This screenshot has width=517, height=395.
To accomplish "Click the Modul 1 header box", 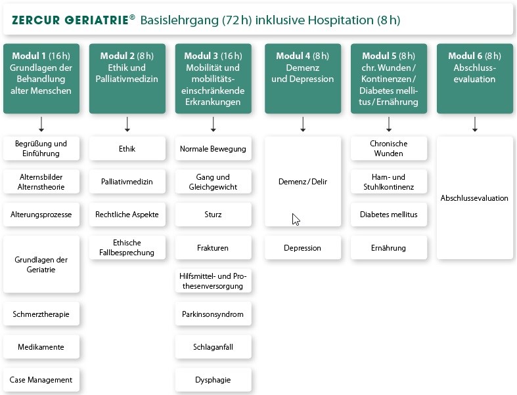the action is (41, 78).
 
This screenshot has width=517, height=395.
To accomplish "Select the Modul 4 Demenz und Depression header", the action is (303, 78).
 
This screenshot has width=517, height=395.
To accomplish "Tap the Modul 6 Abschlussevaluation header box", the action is (475, 78).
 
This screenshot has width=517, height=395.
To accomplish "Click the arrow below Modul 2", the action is (127, 124).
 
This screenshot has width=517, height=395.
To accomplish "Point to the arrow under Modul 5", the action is (389, 124).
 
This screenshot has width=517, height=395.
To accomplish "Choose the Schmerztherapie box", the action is (41, 314).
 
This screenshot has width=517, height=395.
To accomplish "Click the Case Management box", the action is (41, 380).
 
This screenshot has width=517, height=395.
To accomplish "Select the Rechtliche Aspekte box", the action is (127, 215).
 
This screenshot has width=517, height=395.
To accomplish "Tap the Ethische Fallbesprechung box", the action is (127, 247).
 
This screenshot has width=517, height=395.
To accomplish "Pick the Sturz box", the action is (214, 215).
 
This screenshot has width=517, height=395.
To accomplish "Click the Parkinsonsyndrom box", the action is (214, 314).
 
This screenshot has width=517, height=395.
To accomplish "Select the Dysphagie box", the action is (214, 380).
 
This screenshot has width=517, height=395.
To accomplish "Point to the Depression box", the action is (303, 247).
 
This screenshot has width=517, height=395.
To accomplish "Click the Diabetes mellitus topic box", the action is (389, 215).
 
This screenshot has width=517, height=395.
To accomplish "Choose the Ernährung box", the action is (389, 247).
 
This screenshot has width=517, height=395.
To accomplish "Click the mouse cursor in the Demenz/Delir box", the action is (296, 219).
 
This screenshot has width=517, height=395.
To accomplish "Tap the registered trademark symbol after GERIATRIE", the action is (132, 17).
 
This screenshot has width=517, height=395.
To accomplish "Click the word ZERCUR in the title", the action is (36, 20).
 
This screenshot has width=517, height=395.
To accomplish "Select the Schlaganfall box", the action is (214, 346).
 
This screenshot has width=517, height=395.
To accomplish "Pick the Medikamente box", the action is (41, 346).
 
